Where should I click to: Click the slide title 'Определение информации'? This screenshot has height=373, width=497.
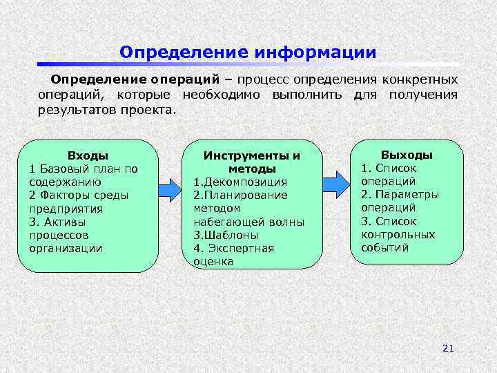coord(248,52)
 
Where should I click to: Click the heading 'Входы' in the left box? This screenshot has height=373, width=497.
coord(88,156)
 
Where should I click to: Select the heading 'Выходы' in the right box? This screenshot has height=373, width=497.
coord(407,155)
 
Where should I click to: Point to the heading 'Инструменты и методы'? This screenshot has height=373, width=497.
coord(252,162)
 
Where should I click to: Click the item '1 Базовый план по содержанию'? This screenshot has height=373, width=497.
coord(84,175)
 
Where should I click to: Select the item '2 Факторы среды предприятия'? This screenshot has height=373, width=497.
coord(79,202)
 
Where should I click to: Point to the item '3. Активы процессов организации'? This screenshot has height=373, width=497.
coord(69,235)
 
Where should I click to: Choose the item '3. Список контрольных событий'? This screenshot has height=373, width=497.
coord(398,234)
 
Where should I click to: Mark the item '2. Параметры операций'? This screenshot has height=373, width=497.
coord(400,200)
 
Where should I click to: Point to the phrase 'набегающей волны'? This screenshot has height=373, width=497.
coord(248,222)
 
